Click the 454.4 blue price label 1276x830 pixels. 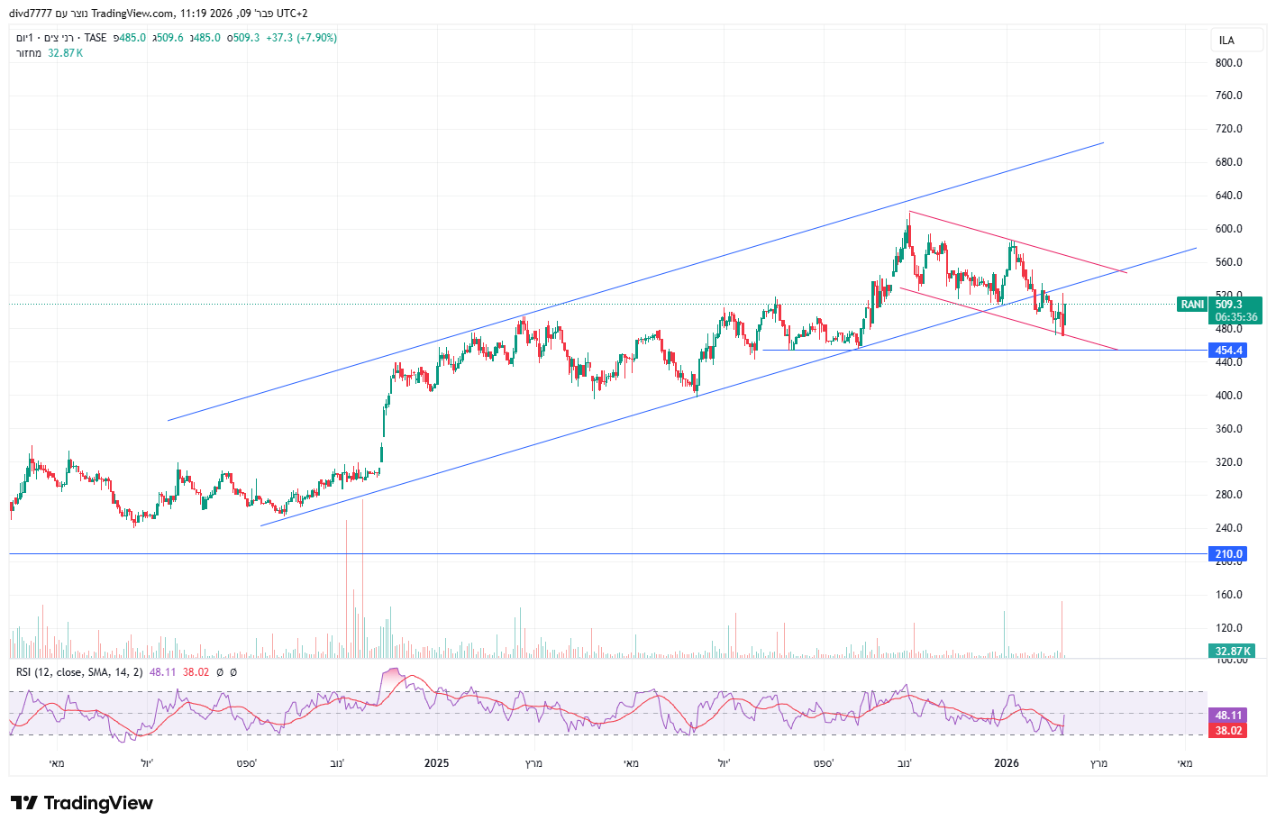point(1228,351)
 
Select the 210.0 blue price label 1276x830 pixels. point(1228,554)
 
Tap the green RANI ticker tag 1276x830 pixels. point(1192,305)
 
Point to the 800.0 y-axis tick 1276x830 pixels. point(1228,63)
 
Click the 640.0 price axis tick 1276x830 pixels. point(1228,196)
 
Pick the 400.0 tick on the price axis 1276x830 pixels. point(1228,396)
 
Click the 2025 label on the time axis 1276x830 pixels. point(436,763)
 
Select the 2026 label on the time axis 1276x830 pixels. point(1006,763)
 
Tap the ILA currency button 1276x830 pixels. point(1226,41)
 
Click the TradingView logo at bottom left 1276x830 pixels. point(82,803)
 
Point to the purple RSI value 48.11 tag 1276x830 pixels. point(1228,716)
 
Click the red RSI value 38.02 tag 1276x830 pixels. point(1228,731)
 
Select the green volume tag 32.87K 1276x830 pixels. point(1231,651)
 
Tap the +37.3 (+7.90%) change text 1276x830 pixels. point(301,38)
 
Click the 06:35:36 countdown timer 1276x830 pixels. point(1235,317)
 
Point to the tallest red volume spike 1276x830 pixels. point(362,577)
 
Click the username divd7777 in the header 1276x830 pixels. point(31,14)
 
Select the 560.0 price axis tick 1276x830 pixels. point(1228,262)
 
